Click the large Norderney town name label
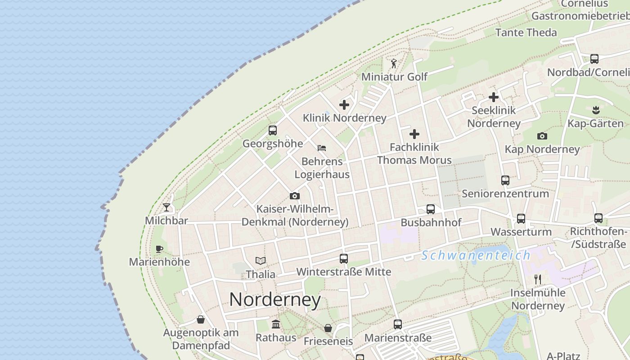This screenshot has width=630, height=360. click(275, 300)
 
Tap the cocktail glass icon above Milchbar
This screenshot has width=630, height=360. click(166, 207)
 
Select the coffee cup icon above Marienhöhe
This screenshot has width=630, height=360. click(159, 249)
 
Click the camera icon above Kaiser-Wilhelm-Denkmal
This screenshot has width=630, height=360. click(295, 196)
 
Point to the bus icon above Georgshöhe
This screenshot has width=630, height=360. click(273, 130)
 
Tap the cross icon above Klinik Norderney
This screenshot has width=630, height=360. click(344, 105)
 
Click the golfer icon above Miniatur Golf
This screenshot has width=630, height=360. click(394, 63)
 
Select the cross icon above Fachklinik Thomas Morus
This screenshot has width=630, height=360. click(414, 134)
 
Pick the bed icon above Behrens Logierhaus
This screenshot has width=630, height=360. click(322, 148)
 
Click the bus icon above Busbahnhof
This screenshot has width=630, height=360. click(431, 209)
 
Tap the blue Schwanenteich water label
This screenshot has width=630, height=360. click(476, 256)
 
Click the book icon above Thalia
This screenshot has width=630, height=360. click(261, 261)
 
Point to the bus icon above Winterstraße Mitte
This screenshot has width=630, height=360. click(344, 259)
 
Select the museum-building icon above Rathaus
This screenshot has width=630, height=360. click(276, 324)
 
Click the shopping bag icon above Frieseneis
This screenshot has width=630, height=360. click(328, 328)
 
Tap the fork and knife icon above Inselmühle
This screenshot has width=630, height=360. click(537, 279)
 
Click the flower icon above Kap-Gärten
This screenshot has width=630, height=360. click(596, 110)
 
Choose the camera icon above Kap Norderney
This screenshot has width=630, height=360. click(542, 136)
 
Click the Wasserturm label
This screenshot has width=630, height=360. click(521, 232)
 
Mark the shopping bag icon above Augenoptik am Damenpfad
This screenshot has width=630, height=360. click(201, 319)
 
